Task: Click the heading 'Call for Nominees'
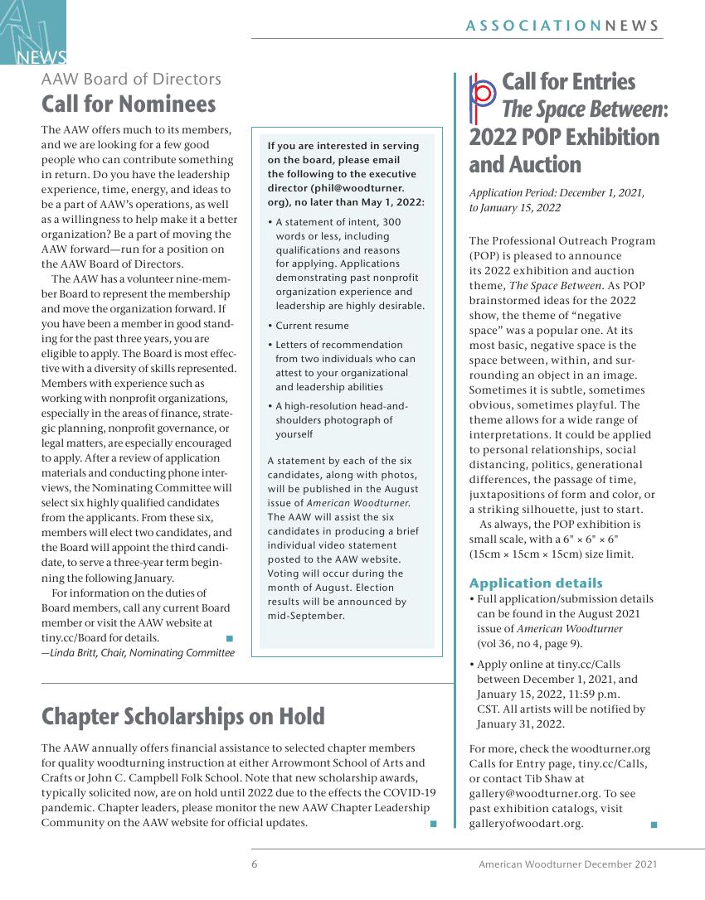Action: pos(129,104)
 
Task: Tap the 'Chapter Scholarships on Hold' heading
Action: pos(182,716)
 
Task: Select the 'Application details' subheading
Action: pos(536,583)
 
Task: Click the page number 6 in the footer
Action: pos(255,864)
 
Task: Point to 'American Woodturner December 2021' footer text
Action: pos(567,864)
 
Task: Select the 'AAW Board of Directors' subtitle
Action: pos(131,79)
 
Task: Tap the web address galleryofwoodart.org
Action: pos(525,823)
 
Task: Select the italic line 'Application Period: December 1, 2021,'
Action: pos(557,193)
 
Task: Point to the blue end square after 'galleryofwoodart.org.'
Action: pos(654,825)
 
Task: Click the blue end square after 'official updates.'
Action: pos(432,824)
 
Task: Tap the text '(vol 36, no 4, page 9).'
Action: pos(529,643)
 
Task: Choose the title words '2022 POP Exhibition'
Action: pos(564,137)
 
